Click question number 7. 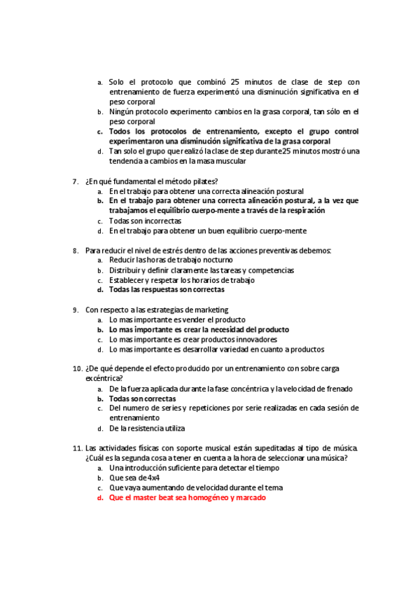(x=76, y=181)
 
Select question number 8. (x=76, y=250)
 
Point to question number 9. (x=76, y=310)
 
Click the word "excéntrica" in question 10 (x=103, y=378)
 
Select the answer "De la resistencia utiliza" (x=147, y=428)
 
